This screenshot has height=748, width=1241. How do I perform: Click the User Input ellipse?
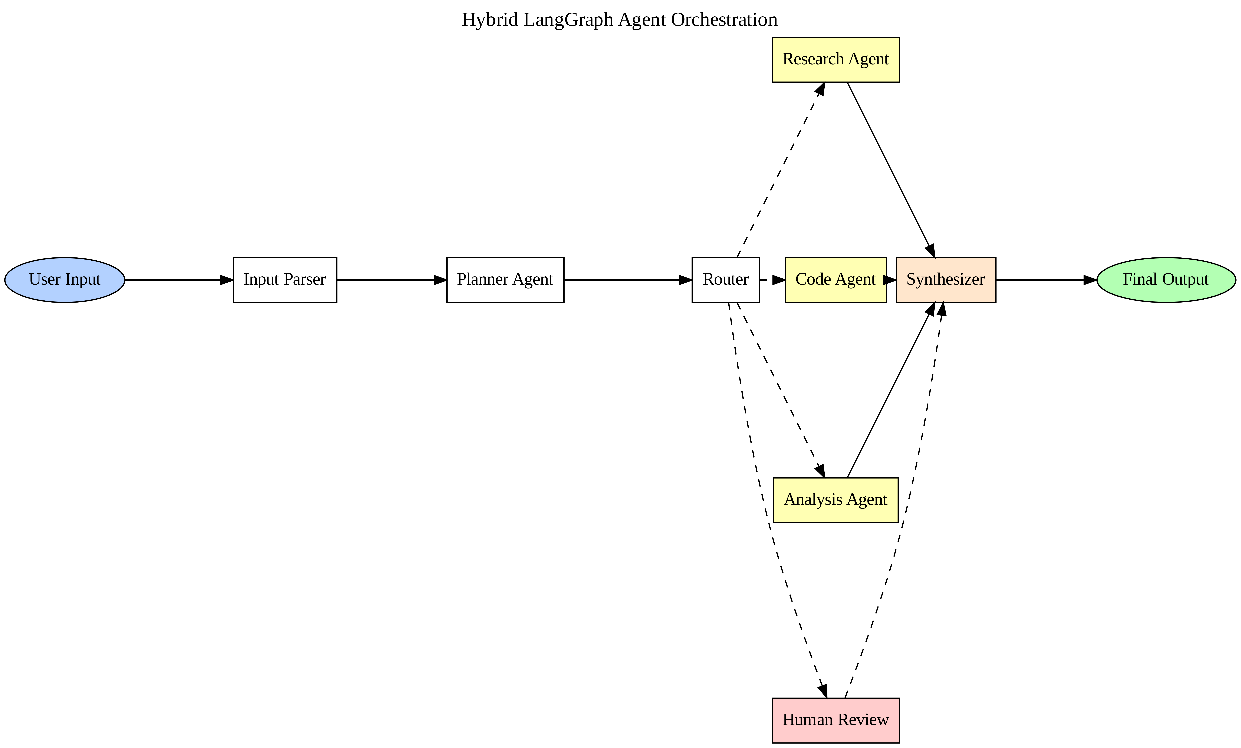(x=65, y=280)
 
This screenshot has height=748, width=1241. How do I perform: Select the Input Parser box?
(x=285, y=280)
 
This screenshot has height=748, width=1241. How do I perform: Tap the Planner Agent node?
(x=505, y=280)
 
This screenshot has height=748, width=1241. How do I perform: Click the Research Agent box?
(x=835, y=59)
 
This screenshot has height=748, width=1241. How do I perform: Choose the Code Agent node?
(x=835, y=280)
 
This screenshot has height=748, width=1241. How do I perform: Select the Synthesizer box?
(x=946, y=280)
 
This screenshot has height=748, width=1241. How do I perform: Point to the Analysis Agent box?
(x=835, y=500)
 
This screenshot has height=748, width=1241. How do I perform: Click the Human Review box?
(x=835, y=720)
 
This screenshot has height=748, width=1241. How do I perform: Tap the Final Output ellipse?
(x=1166, y=280)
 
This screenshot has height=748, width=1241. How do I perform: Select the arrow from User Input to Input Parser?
(x=179, y=280)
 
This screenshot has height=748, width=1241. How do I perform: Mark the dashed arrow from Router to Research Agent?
(x=781, y=170)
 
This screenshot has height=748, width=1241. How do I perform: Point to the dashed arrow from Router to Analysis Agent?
(x=781, y=390)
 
